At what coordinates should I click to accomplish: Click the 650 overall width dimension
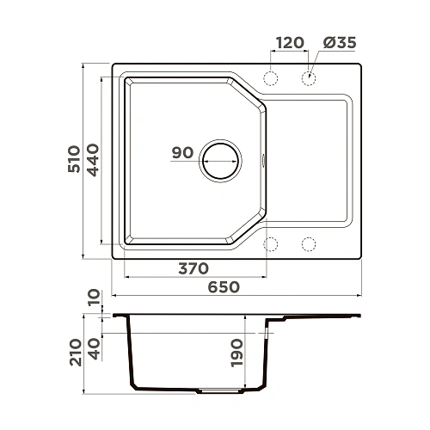coord(224,286)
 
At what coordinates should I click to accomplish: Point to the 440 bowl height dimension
coord(95,159)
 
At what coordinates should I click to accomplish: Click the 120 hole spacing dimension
coord(290,43)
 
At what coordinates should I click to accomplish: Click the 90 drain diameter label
coord(181,153)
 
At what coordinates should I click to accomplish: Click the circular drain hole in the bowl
coord(220,160)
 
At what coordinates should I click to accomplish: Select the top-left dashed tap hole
coord(272,78)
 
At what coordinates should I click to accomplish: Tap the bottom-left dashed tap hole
coord(272,244)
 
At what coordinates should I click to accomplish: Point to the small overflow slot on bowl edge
coord(263,160)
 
